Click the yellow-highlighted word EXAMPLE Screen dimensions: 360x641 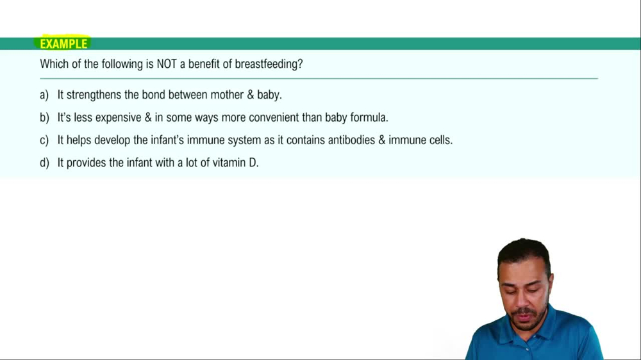tap(63, 44)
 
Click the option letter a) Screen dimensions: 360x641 tap(44, 95)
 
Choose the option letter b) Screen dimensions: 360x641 tap(44, 118)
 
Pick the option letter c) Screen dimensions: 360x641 tap(44, 140)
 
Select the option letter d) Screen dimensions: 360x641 tap(44, 163)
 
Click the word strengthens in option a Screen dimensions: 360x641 tap(92, 95)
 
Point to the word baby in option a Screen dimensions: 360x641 tap(269, 95)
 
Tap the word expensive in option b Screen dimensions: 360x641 tap(118, 118)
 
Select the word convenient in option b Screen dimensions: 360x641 tap(271, 118)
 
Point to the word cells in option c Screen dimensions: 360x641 tap(437, 140)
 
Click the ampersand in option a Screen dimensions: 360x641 tap(250, 95)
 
